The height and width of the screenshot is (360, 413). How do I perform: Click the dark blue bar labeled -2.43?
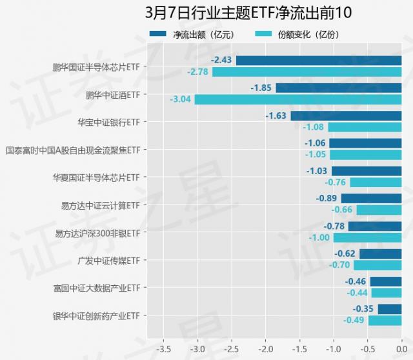tap(319, 61)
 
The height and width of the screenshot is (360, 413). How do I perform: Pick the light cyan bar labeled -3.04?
tap(298, 99)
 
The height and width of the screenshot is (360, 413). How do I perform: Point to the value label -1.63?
tap(276, 116)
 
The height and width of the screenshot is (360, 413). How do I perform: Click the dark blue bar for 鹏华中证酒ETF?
tap(339, 88)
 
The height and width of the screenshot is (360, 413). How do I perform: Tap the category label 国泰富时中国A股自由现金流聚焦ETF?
tap(73, 150)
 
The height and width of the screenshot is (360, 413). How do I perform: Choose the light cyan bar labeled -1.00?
tap(367, 237)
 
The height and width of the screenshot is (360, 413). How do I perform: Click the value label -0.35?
tap(365, 309)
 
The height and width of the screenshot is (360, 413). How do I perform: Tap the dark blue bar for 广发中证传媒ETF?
tap(380, 254)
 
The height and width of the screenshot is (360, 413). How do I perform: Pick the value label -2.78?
tap(197, 72)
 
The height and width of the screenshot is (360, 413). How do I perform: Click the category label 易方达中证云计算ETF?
tap(101, 205)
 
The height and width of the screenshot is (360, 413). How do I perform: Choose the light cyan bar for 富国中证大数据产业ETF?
tap(386, 292)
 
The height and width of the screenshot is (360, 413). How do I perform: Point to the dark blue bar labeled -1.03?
tap(366, 171)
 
